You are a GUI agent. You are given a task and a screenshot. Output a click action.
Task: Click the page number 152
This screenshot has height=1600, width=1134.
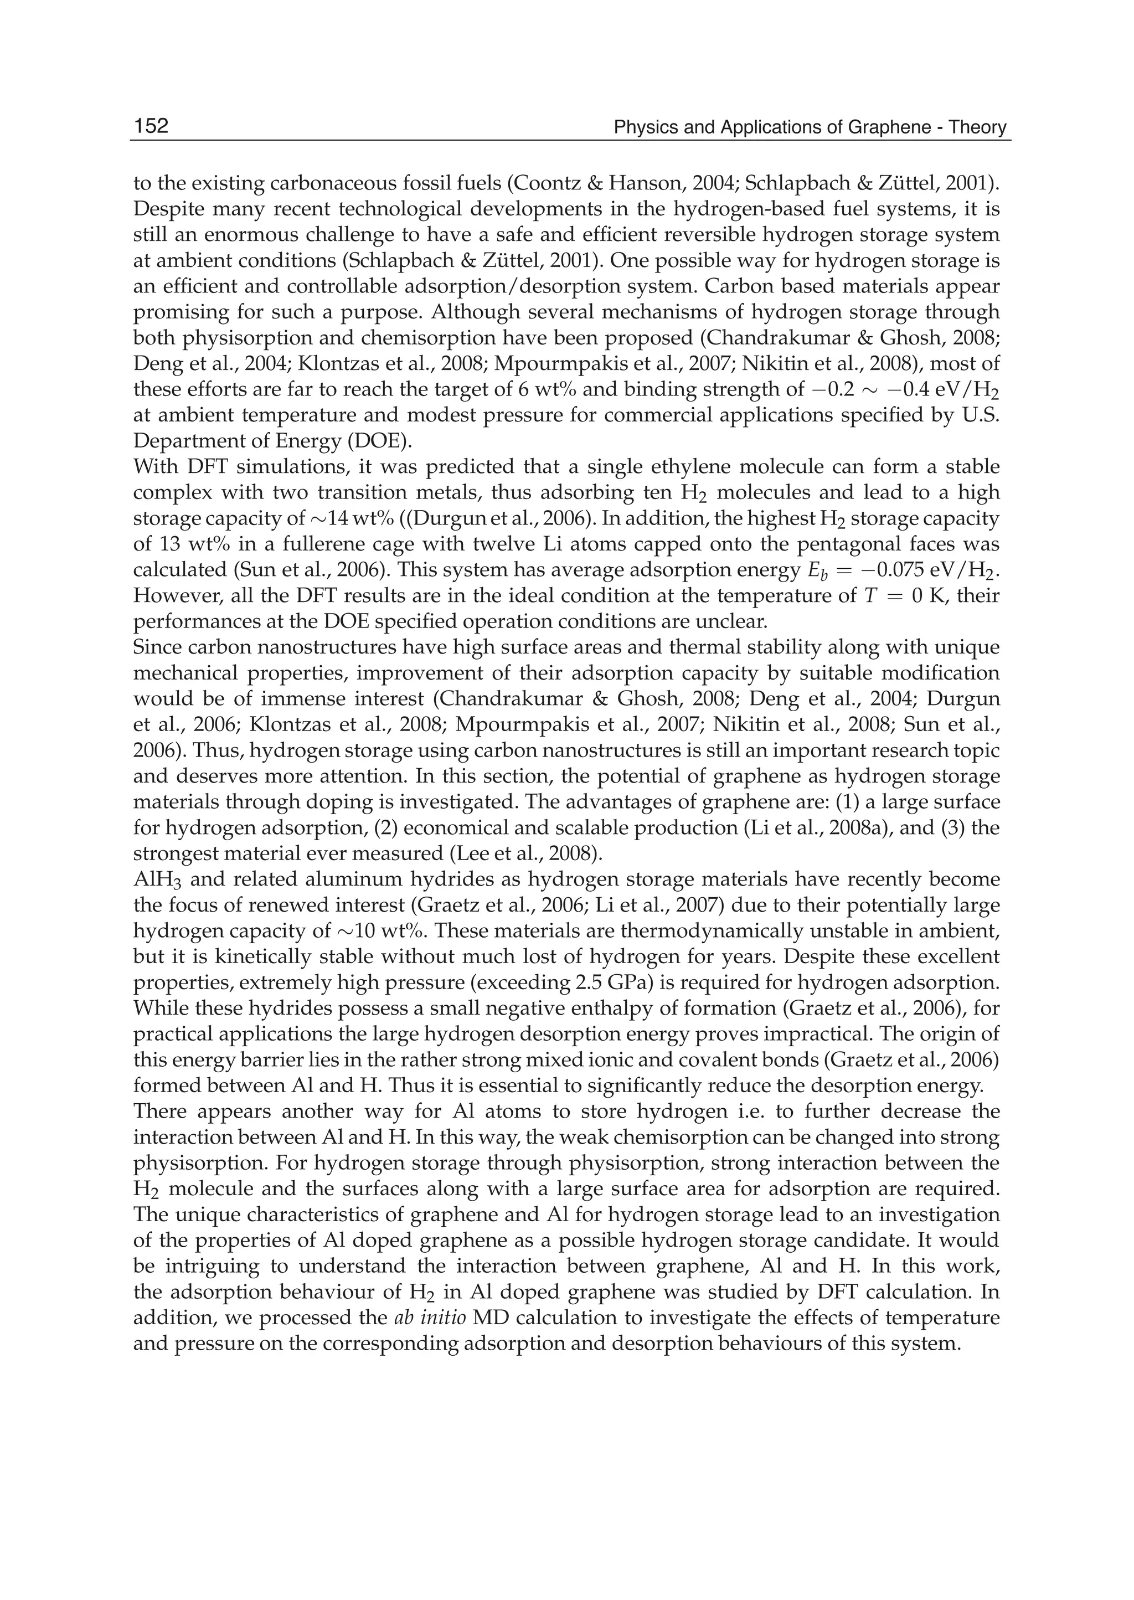pyautogui.click(x=152, y=126)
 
